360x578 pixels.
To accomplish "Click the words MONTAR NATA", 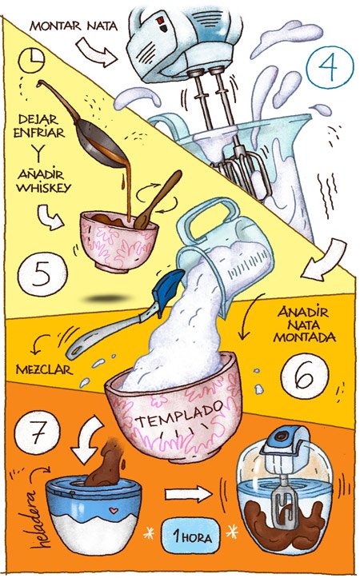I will pos(73,25).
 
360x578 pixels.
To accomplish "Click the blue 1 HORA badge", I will pos(190,536).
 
